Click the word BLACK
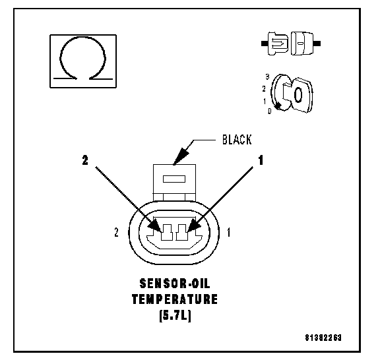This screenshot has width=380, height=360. tap(237, 140)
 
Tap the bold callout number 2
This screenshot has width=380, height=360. tap(85, 160)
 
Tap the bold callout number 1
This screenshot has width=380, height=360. tap(261, 160)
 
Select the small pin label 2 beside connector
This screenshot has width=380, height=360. tap(117, 232)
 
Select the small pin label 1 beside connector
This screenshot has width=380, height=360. tap(228, 233)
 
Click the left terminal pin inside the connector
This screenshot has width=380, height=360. tap(167, 232)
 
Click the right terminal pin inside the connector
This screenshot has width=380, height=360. tap(182, 232)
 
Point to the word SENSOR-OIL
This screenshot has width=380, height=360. tap(174, 284)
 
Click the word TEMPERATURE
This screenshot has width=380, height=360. tap(174, 299)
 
